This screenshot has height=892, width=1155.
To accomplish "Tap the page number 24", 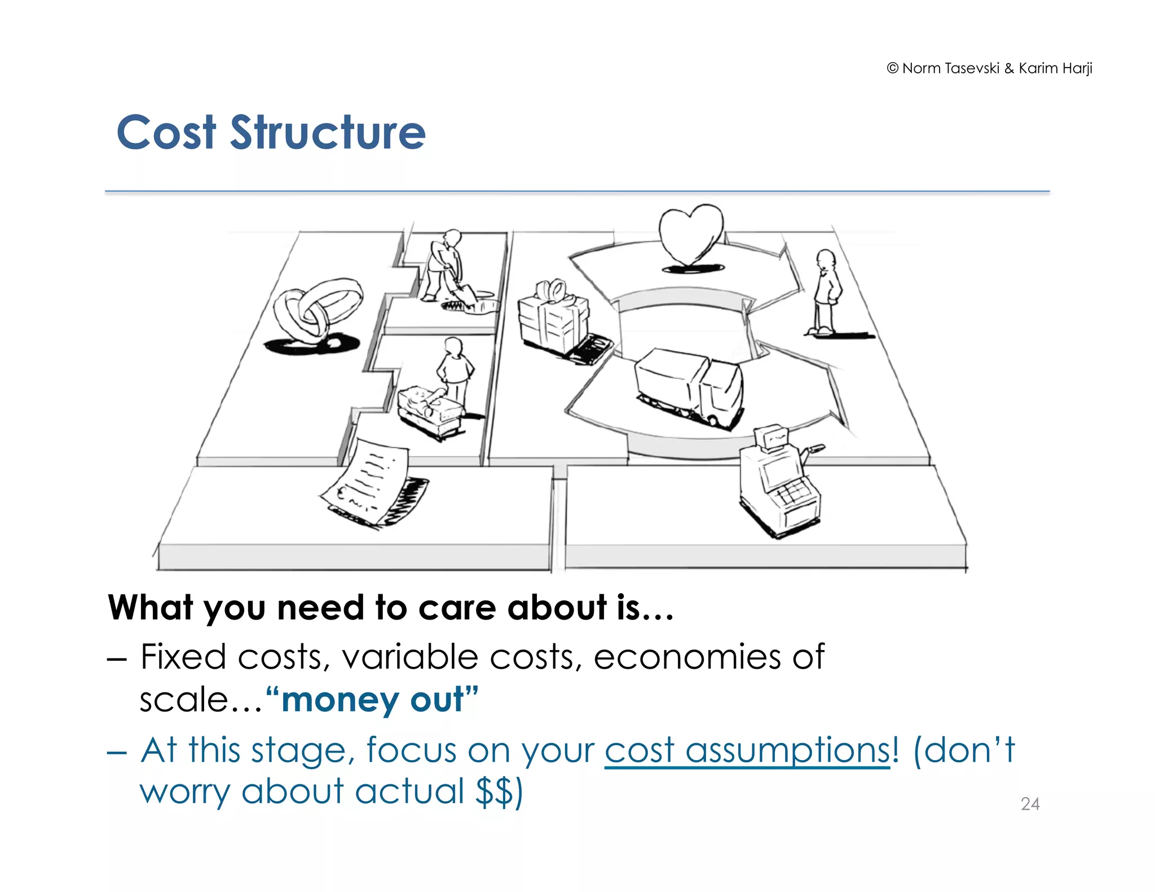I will pyautogui.click(x=1030, y=803).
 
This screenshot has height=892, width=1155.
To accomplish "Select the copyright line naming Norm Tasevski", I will pyautogui.click(x=989, y=68).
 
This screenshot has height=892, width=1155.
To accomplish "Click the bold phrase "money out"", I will pyautogui.click(x=372, y=700).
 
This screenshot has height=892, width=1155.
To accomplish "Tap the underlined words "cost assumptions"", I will pyautogui.click(x=747, y=750).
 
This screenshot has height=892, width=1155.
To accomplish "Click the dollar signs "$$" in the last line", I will pyautogui.click(x=494, y=791).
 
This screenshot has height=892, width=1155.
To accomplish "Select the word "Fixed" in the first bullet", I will pyautogui.click(x=183, y=657).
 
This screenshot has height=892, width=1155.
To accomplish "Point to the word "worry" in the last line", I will pyautogui.click(x=184, y=791).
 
